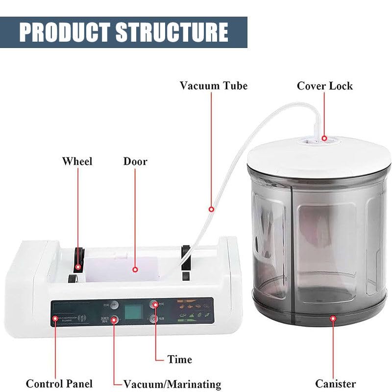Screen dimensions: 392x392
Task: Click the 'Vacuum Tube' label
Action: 213,86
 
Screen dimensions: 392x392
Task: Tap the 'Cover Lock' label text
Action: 324,86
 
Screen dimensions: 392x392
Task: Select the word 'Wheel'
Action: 77,161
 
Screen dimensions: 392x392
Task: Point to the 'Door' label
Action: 135,161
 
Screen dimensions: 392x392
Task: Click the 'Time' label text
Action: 179,359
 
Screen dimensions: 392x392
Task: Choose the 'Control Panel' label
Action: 59,384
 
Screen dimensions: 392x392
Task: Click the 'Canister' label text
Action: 336,384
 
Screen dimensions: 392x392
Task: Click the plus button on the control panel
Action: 114,304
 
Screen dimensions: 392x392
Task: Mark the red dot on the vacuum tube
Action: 212,209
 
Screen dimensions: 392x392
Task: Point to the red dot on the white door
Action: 135,269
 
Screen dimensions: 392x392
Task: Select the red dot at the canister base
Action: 333,318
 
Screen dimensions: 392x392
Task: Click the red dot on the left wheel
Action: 78,268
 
